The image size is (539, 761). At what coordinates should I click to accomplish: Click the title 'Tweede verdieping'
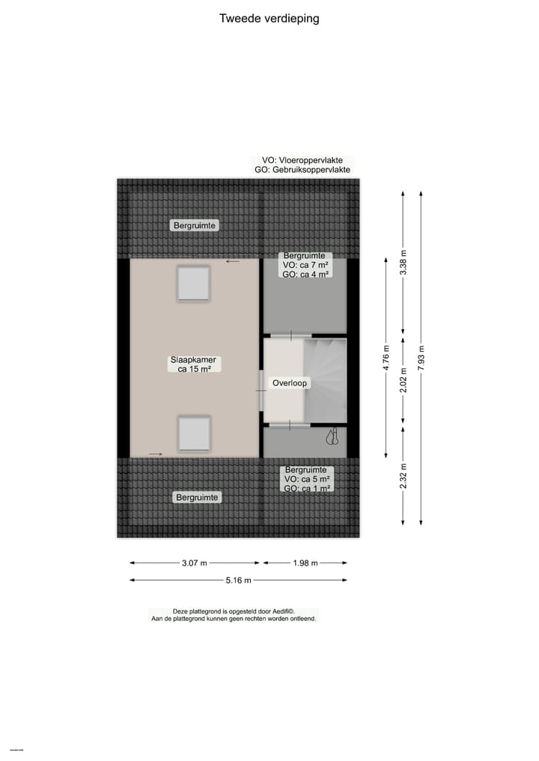click(x=269, y=19)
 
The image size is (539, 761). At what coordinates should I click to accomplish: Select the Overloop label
click(x=290, y=383)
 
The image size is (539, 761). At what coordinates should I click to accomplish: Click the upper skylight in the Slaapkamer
click(x=193, y=284)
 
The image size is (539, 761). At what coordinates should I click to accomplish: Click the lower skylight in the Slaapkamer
click(x=194, y=433)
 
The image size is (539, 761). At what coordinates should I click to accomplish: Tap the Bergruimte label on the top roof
click(x=195, y=225)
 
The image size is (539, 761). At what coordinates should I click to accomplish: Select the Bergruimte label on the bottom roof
click(x=196, y=497)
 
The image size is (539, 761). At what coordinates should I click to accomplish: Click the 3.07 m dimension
click(x=195, y=563)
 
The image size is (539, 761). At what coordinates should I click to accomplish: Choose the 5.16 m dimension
click(x=238, y=580)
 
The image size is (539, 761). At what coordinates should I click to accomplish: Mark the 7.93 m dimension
click(x=421, y=358)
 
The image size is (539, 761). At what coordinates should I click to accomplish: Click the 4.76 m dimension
click(x=386, y=358)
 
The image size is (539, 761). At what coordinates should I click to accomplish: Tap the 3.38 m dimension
click(x=404, y=262)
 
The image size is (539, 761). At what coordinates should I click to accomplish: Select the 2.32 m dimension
click(x=404, y=476)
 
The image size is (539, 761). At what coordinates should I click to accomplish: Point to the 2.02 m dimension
click(x=404, y=380)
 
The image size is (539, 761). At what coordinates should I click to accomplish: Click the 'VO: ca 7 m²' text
click(x=304, y=265)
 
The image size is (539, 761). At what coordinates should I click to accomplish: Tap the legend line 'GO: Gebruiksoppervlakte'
click(x=302, y=170)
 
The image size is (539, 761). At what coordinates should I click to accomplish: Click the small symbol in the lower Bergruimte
click(x=331, y=435)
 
